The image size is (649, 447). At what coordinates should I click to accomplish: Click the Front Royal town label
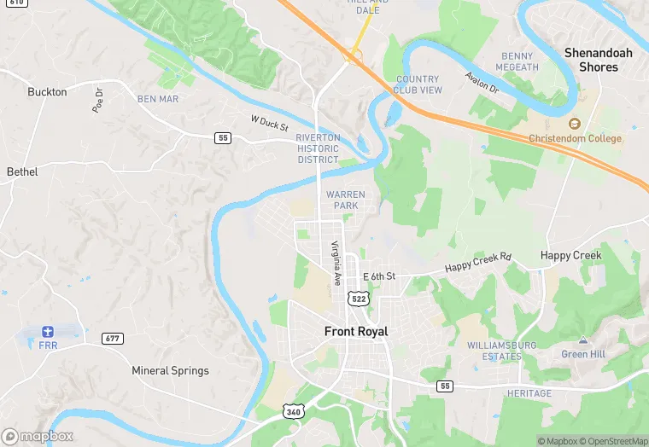[x=356, y=331]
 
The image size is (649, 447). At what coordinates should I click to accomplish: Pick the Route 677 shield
[x=112, y=338]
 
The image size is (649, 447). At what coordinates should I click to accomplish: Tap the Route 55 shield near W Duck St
[x=223, y=138]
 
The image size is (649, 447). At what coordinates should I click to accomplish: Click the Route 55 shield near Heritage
[x=444, y=386]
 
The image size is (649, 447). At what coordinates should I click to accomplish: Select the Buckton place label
[x=47, y=91]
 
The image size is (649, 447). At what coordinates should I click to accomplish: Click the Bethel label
[x=22, y=171]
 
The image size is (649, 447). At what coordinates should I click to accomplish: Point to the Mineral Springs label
[x=170, y=370]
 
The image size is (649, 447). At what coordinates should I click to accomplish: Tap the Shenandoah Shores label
[x=599, y=60]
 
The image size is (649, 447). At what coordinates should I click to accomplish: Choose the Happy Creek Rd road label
[x=477, y=264]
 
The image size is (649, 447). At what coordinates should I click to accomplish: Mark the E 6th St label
[x=379, y=276]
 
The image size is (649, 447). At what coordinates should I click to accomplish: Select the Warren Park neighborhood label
[x=346, y=200]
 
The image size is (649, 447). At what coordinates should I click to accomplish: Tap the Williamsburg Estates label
[x=501, y=351]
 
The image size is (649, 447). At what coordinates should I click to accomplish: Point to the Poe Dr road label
[x=97, y=101]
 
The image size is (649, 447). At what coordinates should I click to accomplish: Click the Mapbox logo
[x=38, y=436]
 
